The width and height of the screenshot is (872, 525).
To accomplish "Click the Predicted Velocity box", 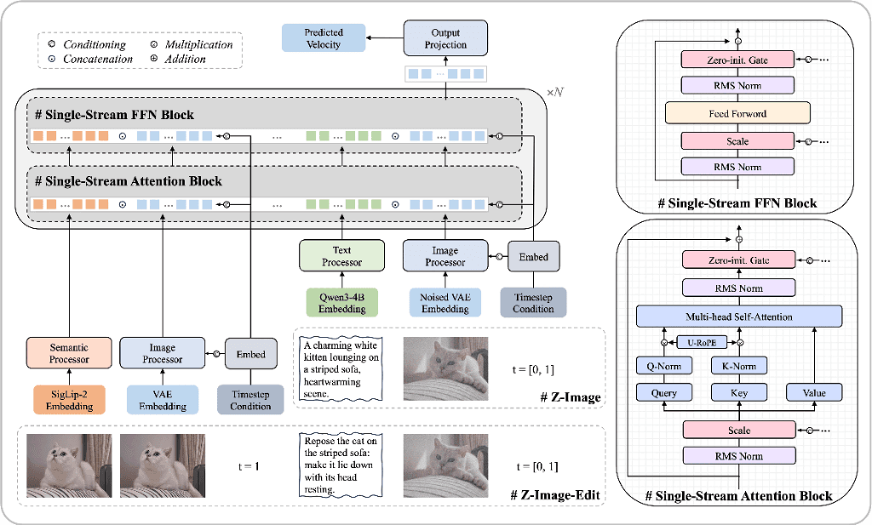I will (323, 38).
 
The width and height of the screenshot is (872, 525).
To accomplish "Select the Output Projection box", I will (447, 38).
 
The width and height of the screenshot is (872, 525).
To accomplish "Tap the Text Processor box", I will (341, 256).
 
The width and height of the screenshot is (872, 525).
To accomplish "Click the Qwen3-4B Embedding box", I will (341, 303).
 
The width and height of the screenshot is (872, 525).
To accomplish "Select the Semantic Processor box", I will (68, 353).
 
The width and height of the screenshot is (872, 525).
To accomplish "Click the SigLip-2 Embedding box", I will (68, 400).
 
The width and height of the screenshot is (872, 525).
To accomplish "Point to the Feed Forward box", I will (737, 112).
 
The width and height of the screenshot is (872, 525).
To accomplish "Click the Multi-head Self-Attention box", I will (737, 317).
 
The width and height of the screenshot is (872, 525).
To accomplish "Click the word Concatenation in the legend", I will (97, 59).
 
